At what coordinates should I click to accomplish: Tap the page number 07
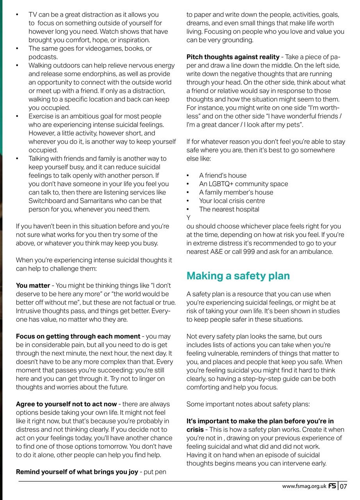tap(343, 486)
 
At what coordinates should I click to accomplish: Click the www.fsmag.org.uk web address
tap(304, 486)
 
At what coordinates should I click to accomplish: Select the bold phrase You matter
tap(33, 286)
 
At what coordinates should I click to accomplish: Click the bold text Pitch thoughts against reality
tap(233, 57)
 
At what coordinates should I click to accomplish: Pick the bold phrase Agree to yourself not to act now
tap(66, 404)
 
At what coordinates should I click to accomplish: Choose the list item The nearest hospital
tap(229, 209)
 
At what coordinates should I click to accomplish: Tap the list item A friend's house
tap(223, 175)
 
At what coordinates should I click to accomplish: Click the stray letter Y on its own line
tap(188, 218)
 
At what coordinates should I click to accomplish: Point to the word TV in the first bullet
tap(33, 15)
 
